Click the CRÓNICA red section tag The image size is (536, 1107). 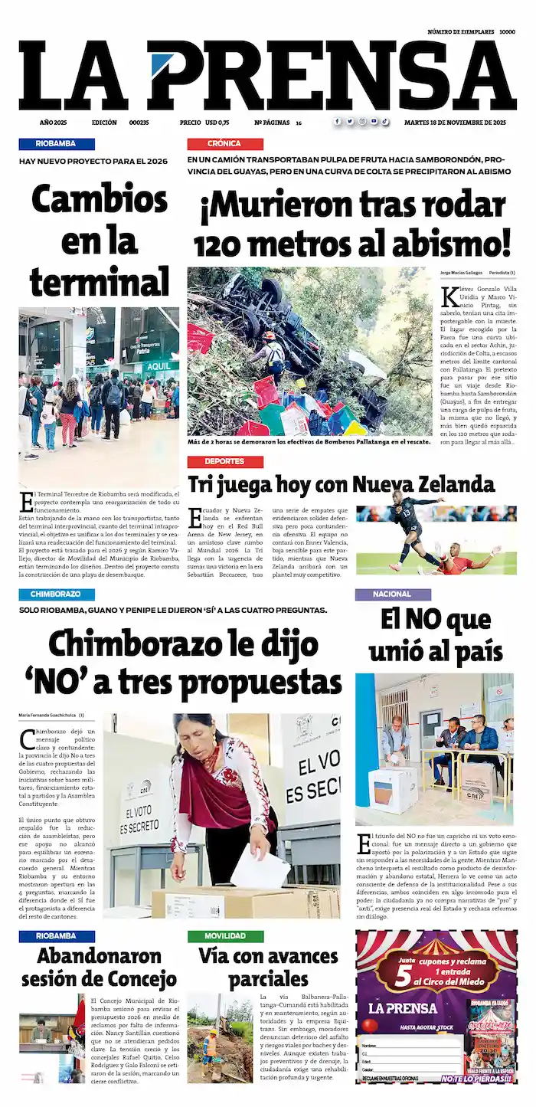[x=224, y=143]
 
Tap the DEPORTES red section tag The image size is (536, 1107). [x=224, y=462]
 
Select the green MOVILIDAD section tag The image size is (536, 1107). [x=225, y=936]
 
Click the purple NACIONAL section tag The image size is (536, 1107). [x=392, y=594]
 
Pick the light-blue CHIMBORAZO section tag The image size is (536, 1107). [x=57, y=594]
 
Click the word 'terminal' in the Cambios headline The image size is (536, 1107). [x=100, y=282]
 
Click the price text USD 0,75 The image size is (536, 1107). [x=217, y=123]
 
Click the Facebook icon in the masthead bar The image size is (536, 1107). [x=337, y=122]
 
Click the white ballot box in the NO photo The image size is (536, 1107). [x=393, y=789]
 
